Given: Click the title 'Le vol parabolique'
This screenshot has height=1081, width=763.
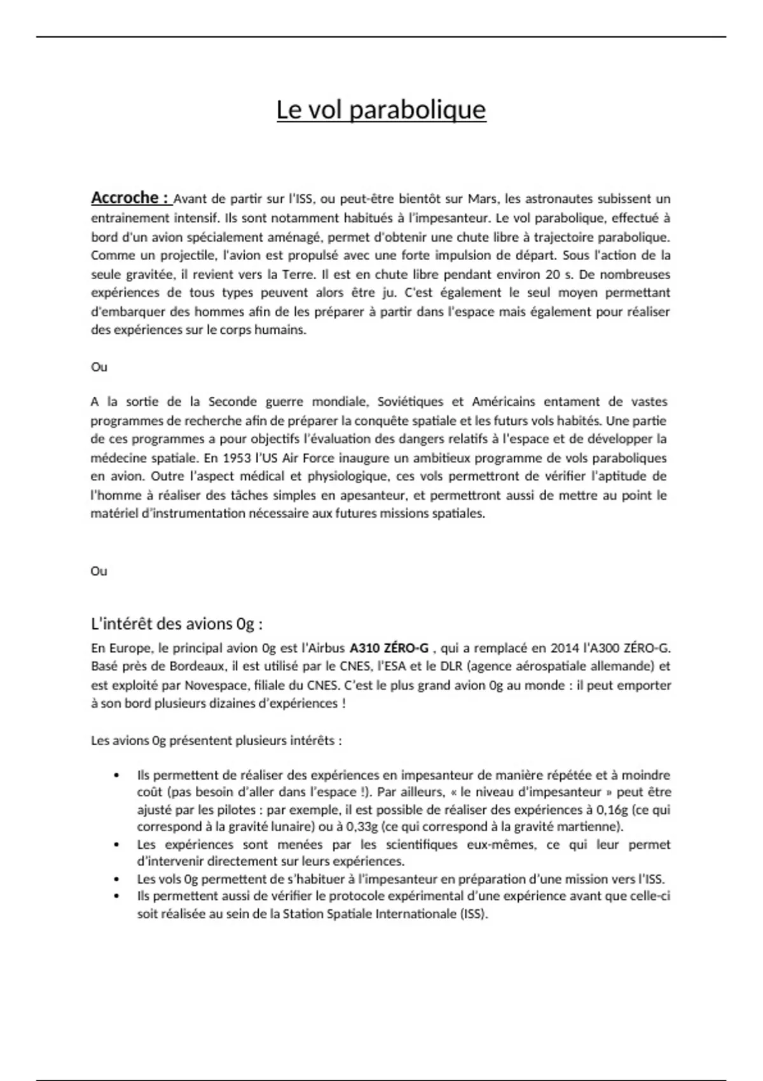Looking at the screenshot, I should pyautogui.click(x=381, y=110).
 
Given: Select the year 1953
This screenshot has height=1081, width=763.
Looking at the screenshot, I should pyautogui.click(x=237, y=458).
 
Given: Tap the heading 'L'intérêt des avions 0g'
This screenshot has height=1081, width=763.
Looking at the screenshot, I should pyautogui.click(x=177, y=624).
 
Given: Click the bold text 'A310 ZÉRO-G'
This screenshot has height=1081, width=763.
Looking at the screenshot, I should pyautogui.click(x=389, y=649).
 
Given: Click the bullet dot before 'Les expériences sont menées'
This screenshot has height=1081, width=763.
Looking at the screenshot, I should pyautogui.click(x=116, y=845).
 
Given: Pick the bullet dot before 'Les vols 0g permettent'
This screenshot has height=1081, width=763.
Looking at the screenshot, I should pyautogui.click(x=116, y=879).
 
